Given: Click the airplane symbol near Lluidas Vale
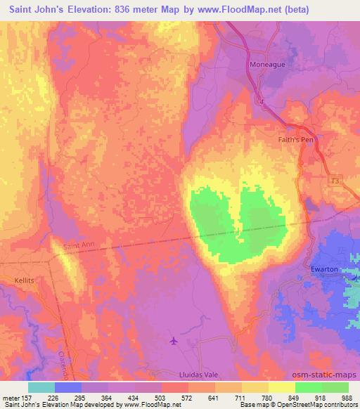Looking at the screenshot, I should coord(174,342).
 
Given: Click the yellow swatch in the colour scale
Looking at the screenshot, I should coord(282,387).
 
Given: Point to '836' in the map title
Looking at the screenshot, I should coord(133,11).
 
